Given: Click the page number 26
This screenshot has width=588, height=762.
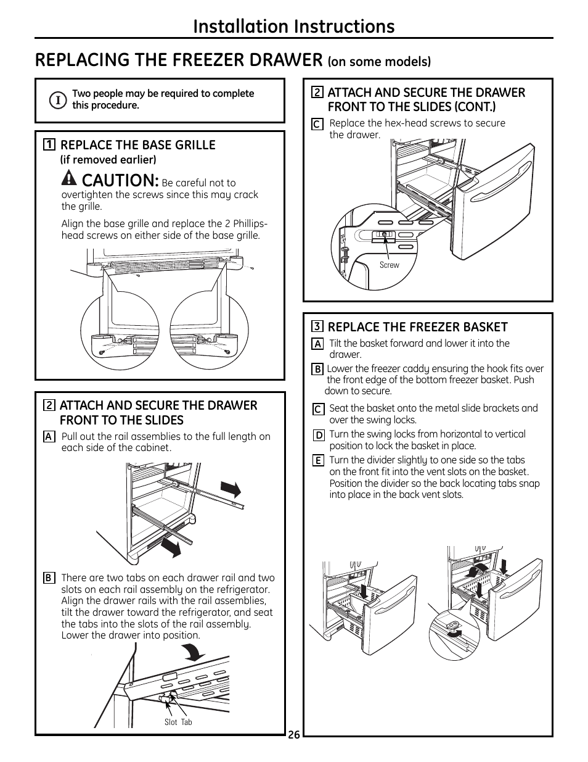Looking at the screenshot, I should point(293,735).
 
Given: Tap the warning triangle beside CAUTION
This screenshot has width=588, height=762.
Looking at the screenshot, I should point(70,179).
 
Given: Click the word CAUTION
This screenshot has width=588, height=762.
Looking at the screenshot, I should point(120,181).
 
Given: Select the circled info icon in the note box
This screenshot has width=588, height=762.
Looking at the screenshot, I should point(57,99).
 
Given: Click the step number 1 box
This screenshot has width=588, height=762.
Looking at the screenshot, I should point(49,145).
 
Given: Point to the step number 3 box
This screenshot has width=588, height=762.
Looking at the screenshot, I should point(317,327).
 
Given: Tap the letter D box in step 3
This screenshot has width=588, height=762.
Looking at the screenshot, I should point(318,435).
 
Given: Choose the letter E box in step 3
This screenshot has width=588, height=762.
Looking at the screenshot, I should point(318,461).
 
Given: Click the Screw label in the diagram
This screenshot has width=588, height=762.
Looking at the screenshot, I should point(389,265).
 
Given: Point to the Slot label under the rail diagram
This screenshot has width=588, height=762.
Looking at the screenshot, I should point(171,722).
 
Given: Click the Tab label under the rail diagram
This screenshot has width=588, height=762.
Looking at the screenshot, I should point(187,722).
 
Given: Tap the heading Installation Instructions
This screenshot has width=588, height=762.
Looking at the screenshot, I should point(293,26).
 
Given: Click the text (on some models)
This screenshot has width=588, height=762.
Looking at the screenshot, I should point(379,62).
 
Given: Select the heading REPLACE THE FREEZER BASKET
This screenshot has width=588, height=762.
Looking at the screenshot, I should point(417,327).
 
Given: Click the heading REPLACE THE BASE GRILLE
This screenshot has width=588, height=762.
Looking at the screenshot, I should point(137,145).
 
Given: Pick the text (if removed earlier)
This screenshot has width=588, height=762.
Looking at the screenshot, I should point(108,160).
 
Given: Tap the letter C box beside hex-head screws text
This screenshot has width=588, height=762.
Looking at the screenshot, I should point(317,124).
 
